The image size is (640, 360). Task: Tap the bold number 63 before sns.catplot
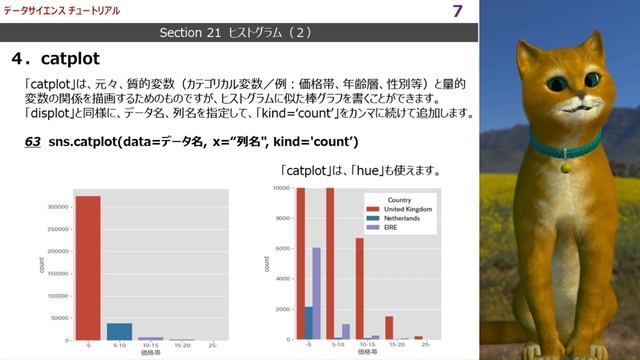click(33, 143)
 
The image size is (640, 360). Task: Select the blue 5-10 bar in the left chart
click(119, 331)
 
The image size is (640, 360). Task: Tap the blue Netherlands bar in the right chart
click(308, 322)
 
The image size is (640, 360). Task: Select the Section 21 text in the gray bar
click(192, 33)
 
